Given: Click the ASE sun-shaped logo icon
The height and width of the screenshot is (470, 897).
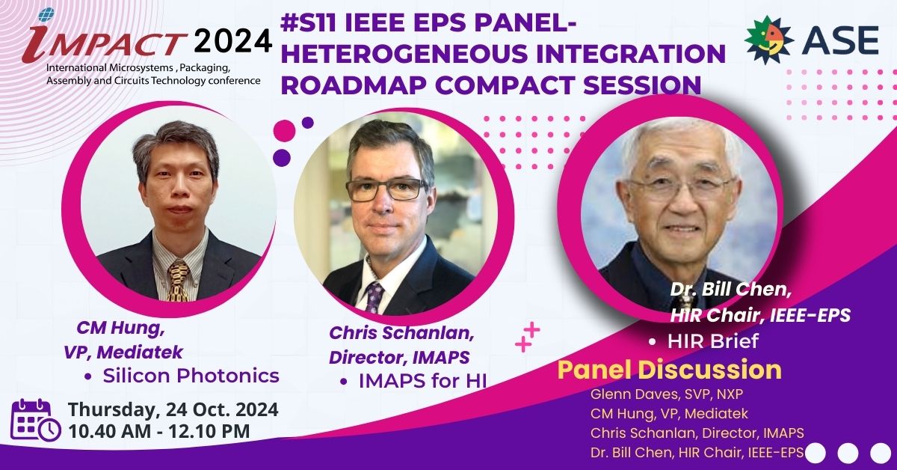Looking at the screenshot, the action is tap(768, 40).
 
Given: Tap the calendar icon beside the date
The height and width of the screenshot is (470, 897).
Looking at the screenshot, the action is tap(36, 419).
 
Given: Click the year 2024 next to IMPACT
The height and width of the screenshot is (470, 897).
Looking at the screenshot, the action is tap(233, 41).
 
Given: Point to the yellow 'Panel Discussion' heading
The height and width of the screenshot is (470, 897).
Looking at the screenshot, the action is tap(669, 370).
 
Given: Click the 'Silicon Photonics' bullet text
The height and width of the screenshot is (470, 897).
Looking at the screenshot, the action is tap(191, 376).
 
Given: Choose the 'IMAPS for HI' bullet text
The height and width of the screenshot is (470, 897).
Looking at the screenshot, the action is tap(422, 381).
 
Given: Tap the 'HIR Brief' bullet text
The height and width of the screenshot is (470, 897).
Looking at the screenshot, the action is tap(713, 341).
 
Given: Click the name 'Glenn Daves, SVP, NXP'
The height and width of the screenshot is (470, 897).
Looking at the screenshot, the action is tap(666, 394).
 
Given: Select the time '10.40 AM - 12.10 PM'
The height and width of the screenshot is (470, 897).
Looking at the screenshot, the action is tap(159, 432).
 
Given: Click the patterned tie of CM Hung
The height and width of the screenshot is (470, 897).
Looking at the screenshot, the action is tap(178, 281).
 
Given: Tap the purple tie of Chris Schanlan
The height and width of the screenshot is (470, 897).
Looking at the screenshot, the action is tap(374, 297).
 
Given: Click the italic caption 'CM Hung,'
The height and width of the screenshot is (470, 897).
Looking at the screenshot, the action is tap(120, 328).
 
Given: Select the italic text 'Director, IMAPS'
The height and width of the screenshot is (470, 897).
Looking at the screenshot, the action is tap(399, 357).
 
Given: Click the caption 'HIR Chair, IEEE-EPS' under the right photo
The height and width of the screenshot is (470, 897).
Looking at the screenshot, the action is tap(760, 316).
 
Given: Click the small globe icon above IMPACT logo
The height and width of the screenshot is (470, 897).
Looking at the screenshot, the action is tap(46, 15).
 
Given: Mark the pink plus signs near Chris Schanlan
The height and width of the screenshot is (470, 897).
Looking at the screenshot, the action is tap(528, 337).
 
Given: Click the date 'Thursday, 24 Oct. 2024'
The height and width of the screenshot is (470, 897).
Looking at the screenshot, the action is tap(173, 410).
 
